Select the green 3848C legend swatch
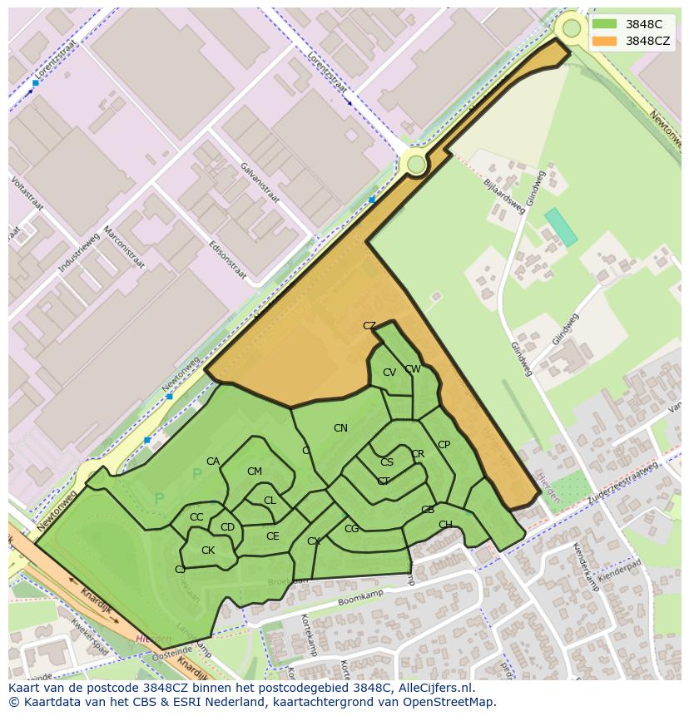tap(605, 24)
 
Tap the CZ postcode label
tap(369, 326)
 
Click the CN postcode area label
tap(340, 428)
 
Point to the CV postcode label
tap(389, 373)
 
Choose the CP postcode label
tap(444, 445)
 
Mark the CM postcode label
tap(255, 472)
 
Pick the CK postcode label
tap(208, 551)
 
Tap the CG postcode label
tap(351, 529)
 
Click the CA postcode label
tap(213, 462)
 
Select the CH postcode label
tap(445, 525)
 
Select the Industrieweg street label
tap(79, 254)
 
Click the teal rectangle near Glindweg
tap(561, 227)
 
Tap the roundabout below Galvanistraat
tap(416, 165)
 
